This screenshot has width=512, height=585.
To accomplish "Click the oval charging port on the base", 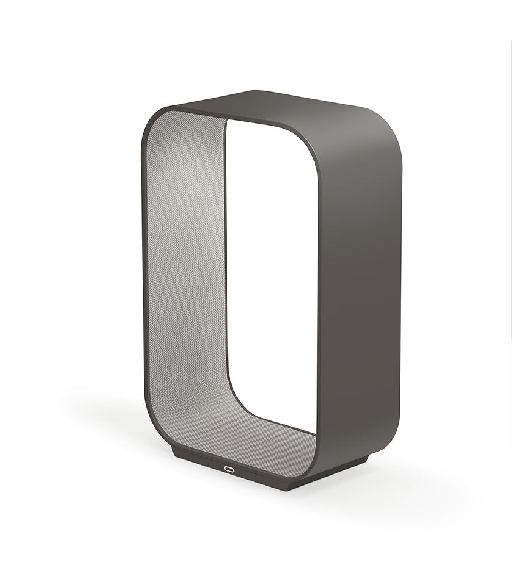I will click(x=246, y=469).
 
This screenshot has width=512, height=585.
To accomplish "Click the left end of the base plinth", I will click(x=175, y=454).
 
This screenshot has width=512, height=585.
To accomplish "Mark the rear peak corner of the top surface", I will click(x=256, y=91).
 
